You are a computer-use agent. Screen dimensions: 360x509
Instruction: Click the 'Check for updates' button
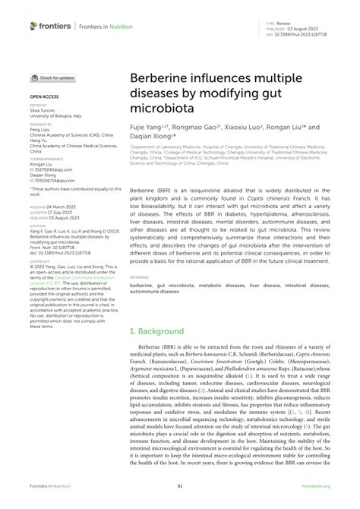pyautogui.click(x=53, y=77)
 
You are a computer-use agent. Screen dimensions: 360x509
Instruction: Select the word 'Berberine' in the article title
pyautogui.click(x=162, y=78)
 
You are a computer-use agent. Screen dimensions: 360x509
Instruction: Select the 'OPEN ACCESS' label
pyautogui.click(x=45, y=97)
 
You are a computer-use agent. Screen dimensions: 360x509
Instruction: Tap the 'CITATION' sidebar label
pyautogui.click(x=37, y=225)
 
